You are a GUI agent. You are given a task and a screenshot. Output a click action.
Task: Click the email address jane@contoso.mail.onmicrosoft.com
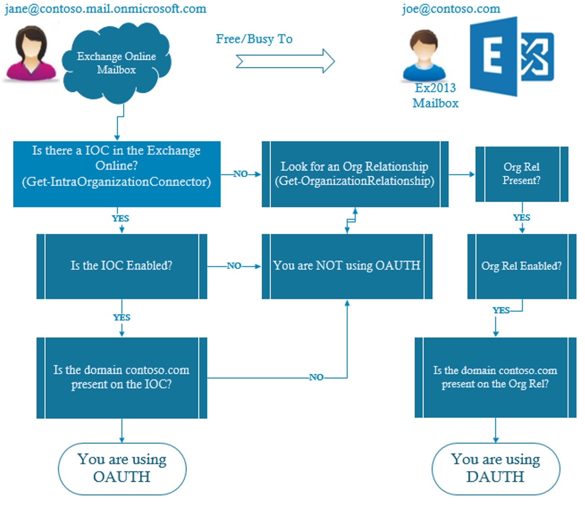tap(105, 9)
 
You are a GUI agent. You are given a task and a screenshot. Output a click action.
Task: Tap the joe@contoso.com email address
tap(451, 9)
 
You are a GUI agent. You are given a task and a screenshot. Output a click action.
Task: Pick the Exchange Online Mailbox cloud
tap(116, 63)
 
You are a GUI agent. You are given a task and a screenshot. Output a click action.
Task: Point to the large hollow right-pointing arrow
tap(285, 61)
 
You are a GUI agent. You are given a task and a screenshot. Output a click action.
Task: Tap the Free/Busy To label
tap(254, 39)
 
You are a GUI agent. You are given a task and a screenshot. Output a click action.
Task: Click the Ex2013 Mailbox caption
tap(435, 95)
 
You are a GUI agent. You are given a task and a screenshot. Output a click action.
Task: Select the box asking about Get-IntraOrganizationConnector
tap(117, 174)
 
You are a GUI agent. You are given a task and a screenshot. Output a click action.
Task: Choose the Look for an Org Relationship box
tap(355, 174)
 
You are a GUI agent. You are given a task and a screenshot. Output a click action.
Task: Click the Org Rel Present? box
tap(521, 174)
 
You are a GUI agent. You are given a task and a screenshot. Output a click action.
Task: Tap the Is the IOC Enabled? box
tap(122, 266)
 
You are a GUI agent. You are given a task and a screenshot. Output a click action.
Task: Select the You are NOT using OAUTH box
tap(347, 266)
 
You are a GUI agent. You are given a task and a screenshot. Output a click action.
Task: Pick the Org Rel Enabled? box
tap(521, 266)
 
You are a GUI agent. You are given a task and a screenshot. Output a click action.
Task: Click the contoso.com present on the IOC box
tap(122, 377)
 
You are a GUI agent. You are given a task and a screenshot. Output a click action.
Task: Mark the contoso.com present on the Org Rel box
tap(495, 377)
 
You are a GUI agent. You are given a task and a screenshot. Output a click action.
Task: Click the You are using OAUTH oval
tap(122, 468)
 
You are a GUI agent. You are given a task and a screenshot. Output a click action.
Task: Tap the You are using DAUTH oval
tap(495, 468)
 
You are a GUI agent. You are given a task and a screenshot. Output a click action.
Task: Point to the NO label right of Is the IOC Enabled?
tap(234, 266)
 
